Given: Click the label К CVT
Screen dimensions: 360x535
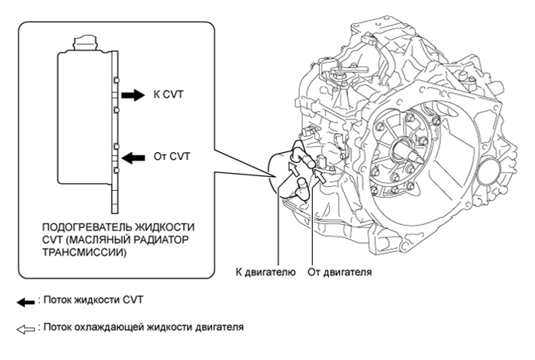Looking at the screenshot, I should coord(170,95).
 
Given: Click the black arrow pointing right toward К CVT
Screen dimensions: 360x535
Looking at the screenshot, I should coord(133,95).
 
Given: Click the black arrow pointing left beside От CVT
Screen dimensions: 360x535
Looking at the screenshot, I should coord(133,157).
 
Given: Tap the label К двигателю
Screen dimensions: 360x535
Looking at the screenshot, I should coord(265,272).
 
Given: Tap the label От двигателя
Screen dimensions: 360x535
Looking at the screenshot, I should coord(339,272).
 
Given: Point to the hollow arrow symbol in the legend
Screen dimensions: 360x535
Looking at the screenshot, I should coord(29,327).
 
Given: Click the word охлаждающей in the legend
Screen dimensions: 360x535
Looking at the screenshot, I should coord(110,327).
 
